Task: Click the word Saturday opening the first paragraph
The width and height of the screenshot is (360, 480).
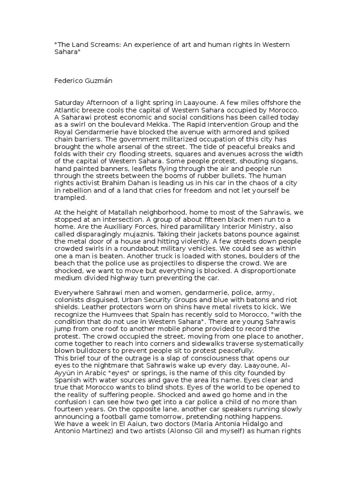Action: tap(70, 103)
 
